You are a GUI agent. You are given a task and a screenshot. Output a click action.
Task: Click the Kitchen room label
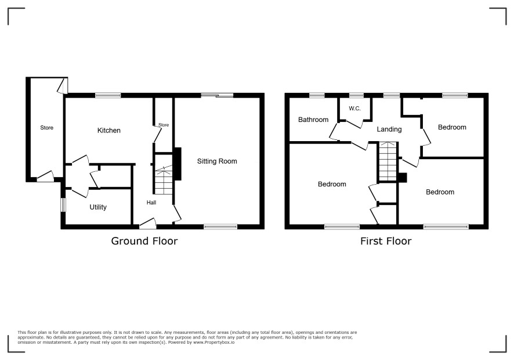pos(109,130)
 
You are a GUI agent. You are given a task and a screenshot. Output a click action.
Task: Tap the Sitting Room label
pos(217,161)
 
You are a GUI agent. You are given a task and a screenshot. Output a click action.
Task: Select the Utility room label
pos(98,207)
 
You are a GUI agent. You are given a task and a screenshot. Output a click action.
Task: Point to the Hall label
pos(151,203)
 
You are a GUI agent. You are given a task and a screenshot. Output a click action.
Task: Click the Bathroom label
pos(313,120)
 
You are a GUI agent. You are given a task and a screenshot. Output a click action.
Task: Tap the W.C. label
pos(354,109)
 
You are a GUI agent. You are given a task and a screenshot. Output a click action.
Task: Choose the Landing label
pos(389,129)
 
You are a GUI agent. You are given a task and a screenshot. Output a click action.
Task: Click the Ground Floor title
pos(144,241)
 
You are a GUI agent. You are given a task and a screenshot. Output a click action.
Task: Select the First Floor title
pos(386,241)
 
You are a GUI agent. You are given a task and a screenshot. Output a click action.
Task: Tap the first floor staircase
pos(389,161)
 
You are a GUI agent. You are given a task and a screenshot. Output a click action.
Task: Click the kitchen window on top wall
pos(108,95)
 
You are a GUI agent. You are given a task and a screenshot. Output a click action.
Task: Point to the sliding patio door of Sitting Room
pos(218,95)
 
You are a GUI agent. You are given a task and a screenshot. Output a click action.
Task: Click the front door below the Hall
pos(148,224)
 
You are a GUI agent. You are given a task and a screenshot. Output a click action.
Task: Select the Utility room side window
pos(64,205)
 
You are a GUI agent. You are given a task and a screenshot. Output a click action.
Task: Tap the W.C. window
pos(356,95)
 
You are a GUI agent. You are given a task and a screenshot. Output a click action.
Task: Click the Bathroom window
pos(317,95)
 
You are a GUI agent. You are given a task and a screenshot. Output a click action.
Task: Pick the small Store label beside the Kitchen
pos(164,125)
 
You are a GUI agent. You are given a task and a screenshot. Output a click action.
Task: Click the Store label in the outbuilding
pos(46,128)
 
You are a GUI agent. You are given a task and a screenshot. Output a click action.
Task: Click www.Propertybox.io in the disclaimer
pos(213,342)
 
